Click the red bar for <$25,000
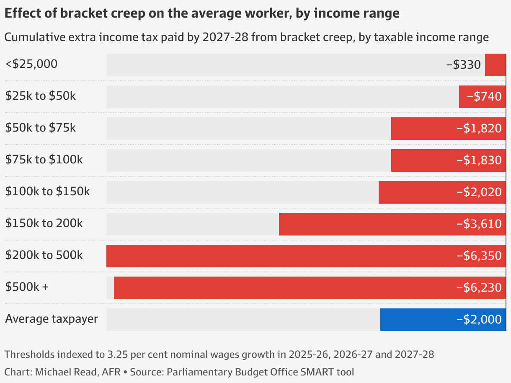(x=496, y=65)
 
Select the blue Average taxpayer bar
(x=419, y=320)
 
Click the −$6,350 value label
(x=479, y=256)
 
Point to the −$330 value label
(x=463, y=65)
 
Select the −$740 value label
(x=484, y=97)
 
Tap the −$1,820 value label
(x=479, y=129)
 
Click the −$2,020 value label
(x=479, y=192)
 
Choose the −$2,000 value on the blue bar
(x=479, y=320)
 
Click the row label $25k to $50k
(x=41, y=96)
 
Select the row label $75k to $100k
(x=44, y=160)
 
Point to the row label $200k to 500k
(x=44, y=255)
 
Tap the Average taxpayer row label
(x=52, y=319)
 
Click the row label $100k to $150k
(x=48, y=191)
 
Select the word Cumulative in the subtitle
(x=34, y=37)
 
